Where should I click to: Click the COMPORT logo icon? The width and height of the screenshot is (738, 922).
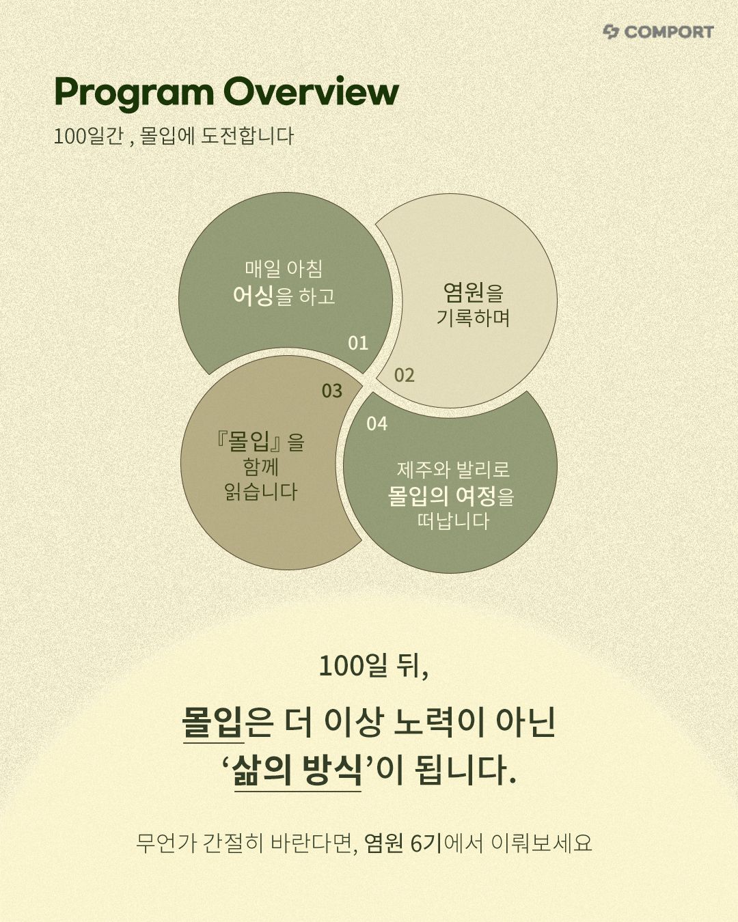[x=611, y=32]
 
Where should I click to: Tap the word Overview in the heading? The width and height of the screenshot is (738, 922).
[x=312, y=91]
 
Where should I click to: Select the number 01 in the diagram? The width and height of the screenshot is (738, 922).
[x=358, y=343]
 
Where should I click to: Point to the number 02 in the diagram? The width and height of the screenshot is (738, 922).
[x=405, y=376]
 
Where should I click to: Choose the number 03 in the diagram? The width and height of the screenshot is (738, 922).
[x=332, y=391]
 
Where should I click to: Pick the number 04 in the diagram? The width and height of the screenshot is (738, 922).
[x=377, y=423]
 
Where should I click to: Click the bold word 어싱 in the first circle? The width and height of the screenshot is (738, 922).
[x=253, y=296]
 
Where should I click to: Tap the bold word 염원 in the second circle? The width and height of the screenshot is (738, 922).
[x=463, y=292]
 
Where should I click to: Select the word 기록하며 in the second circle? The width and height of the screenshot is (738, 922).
[x=474, y=318]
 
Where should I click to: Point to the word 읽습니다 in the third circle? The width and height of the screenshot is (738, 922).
[x=261, y=492]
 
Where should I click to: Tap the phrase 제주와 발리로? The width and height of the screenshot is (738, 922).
[x=453, y=470]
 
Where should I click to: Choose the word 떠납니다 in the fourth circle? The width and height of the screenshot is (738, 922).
[x=453, y=521]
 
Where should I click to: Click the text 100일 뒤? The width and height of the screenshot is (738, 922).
[x=374, y=666]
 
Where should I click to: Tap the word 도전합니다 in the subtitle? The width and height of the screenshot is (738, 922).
[x=247, y=136]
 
